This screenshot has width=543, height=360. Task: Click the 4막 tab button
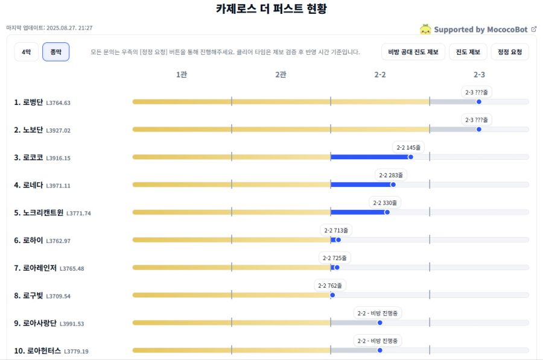point(26,52)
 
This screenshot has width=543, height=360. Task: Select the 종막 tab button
point(56,52)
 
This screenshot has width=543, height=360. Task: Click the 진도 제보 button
point(468,52)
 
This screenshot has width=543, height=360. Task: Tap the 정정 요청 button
point(510,52)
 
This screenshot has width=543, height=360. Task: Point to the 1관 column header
point(181,75)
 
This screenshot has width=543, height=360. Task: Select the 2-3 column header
point(479,75)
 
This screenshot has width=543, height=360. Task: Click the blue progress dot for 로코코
point(411,157)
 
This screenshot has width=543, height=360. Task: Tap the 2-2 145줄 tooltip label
point(409,147)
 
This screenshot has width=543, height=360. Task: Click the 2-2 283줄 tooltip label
point(391,175)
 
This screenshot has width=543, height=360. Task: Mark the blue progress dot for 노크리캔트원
point(387,212)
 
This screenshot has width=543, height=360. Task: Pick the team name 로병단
point(33,103)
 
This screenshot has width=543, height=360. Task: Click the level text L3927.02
point(58,130)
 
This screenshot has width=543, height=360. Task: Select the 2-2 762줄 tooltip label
point(331,285)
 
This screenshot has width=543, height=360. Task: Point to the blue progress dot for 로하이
point(338,239)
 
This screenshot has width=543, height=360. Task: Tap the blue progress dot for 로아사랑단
point(379,323)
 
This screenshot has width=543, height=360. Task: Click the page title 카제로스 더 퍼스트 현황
point(271,9)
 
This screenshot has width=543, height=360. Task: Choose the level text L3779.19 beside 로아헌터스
point(76,351)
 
